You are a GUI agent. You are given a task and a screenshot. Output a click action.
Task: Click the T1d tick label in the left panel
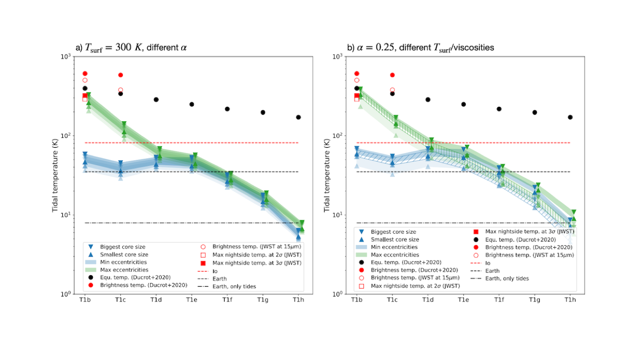coord(156,300)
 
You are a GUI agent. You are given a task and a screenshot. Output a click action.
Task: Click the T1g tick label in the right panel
coord(534,300)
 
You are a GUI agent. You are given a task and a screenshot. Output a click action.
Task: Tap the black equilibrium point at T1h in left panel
coord(299,117)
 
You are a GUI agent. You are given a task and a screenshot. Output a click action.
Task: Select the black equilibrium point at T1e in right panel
coord(463,104)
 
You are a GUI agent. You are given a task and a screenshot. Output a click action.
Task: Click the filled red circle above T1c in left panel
coord(120,75)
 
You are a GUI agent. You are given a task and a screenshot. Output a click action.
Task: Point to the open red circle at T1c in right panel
coord(392,90)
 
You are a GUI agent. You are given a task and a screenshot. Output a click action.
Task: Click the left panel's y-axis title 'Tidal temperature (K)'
coord(55,175)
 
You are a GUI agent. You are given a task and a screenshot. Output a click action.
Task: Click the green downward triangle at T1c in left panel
coord(124,124)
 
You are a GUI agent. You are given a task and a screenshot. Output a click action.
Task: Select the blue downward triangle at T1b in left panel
coord(85,154)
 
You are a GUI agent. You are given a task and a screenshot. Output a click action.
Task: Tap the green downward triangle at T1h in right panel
coord(574,213)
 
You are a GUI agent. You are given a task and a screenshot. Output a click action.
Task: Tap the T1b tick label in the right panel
coord(356,300)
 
